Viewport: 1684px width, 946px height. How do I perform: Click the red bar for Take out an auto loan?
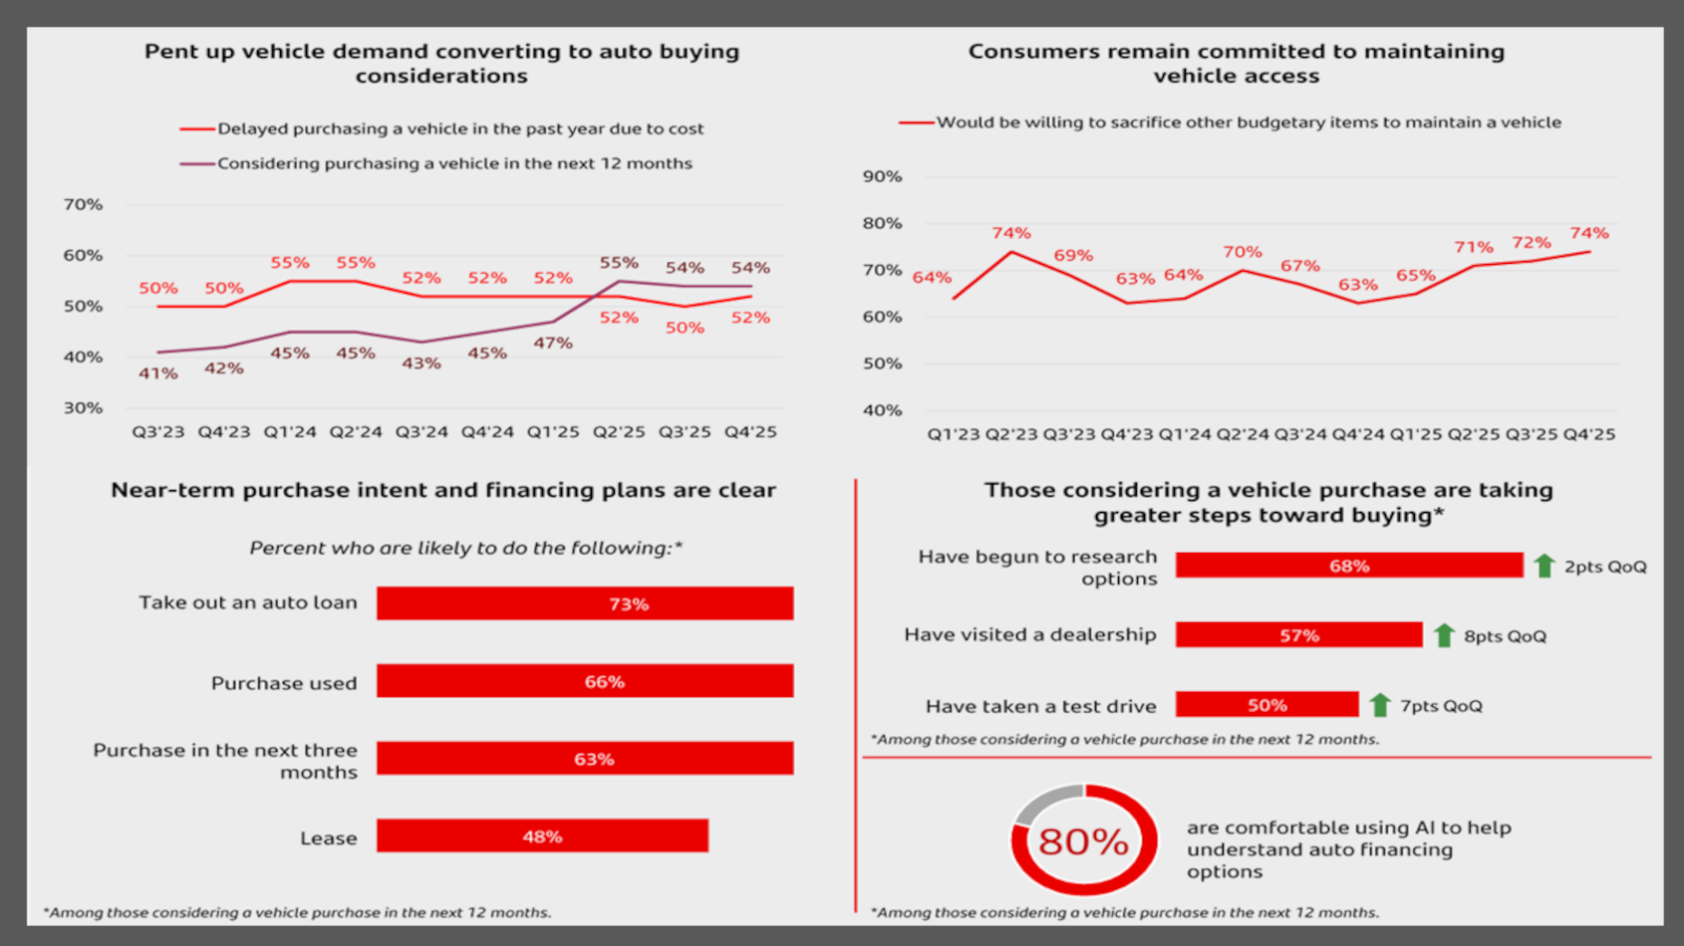(585, 603)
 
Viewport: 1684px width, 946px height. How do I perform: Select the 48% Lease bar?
(542, 836)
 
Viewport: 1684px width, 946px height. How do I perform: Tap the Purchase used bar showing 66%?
(585, 681)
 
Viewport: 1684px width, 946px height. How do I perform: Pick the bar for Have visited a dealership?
(1298, 635)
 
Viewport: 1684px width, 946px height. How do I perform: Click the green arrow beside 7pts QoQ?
(1380, 705)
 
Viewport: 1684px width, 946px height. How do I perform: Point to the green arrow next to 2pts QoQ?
(1544, 566)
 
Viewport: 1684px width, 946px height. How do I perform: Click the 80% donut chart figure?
(1084, 840)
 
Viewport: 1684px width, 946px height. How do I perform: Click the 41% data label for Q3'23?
(157, 373)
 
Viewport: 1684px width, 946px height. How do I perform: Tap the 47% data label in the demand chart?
(553, 344)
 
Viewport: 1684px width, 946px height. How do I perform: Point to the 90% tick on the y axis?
(882, 176)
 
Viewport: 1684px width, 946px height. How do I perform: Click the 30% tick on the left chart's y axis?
(83, 407)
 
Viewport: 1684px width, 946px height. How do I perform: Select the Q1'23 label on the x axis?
(953, 434)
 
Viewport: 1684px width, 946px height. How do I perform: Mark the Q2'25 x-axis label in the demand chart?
(619, 432)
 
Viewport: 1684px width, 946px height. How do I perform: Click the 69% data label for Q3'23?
(1073, 256)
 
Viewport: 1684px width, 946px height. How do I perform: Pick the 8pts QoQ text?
(1505, 636)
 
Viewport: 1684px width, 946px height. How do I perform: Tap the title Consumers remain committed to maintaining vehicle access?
(1236, 64)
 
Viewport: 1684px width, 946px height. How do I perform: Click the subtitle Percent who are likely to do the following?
(465, 548)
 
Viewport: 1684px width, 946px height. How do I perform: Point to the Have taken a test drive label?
(1040, 706)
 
